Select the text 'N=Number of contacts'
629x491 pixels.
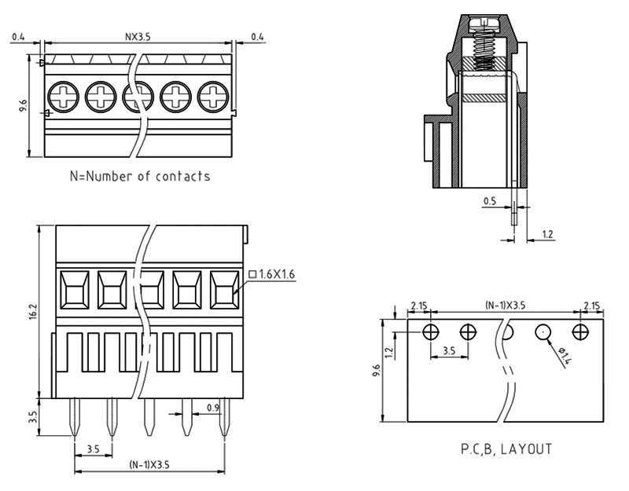[x=140, y=176]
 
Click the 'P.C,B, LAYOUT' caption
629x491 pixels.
[x=506, y=450]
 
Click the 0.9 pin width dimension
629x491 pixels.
[x=212, y=407]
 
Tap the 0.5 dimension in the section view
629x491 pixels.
[x=488, y=202]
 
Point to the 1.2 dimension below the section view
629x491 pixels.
[x=548, y=235]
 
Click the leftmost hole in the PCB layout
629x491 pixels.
[x=429, y=331]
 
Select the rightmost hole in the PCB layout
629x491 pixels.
[x=581, y=331]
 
